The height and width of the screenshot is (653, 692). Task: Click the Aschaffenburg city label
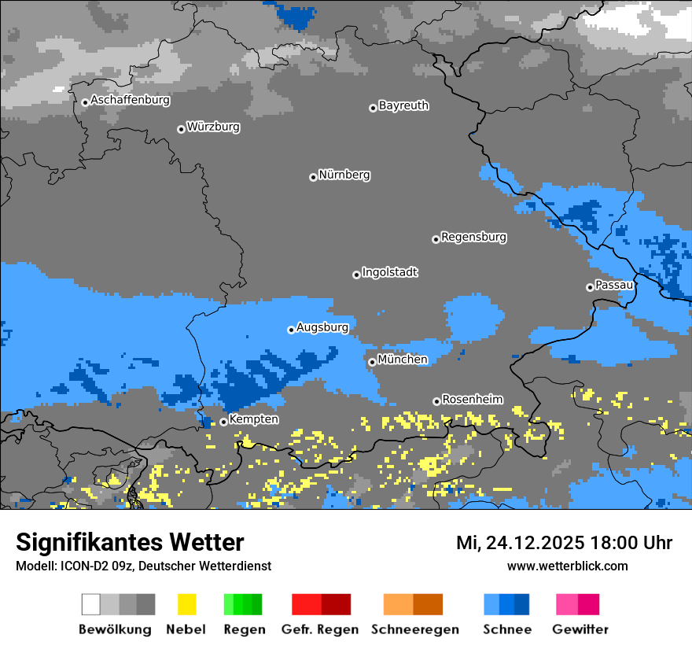130,101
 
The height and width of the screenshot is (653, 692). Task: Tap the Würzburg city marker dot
181,129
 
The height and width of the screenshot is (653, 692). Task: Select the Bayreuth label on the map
403,105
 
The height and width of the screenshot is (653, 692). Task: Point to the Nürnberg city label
344,175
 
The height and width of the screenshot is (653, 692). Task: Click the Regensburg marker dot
436,239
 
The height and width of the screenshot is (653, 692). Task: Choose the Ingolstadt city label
389,273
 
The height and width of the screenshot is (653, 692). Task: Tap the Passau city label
614,285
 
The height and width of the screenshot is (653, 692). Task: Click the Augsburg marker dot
291,330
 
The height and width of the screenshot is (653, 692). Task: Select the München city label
403,360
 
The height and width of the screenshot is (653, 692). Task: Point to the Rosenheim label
472,400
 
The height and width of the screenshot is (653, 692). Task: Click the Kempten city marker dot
223,422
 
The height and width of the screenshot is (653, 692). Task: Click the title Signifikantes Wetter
130,543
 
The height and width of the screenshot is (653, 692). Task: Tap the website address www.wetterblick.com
567,566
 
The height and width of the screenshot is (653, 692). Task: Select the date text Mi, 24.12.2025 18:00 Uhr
564,543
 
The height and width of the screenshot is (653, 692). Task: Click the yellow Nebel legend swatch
186,604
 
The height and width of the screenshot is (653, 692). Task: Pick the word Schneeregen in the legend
415,630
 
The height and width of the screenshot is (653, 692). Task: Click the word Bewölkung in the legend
115,630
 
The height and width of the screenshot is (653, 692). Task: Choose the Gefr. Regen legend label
320,630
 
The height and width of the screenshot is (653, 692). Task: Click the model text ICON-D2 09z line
143,566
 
